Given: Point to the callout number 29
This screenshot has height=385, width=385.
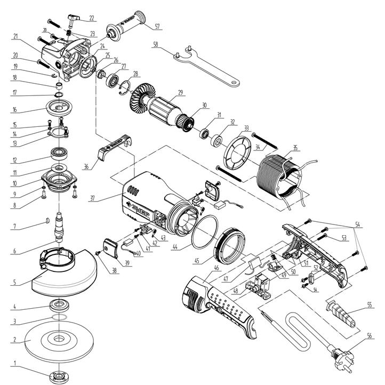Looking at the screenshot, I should coord(181,93).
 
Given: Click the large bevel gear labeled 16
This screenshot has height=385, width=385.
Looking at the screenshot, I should coord(59,107).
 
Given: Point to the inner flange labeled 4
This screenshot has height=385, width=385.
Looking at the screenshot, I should coord(58,306).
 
